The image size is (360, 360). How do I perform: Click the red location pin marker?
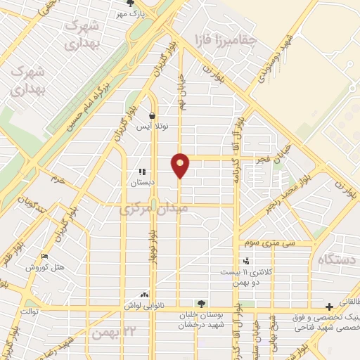(x=181, y=165)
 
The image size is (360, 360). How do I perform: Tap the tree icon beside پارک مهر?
(x=127, y=4)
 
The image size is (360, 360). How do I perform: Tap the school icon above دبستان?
(x=142, y=171)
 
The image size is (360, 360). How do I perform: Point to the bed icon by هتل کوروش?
(x=45, y=256)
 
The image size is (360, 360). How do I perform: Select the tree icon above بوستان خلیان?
(x=202, y=304)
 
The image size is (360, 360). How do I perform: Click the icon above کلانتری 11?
(x=245, y=262)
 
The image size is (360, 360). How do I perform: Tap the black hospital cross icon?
(x=329, y=306)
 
